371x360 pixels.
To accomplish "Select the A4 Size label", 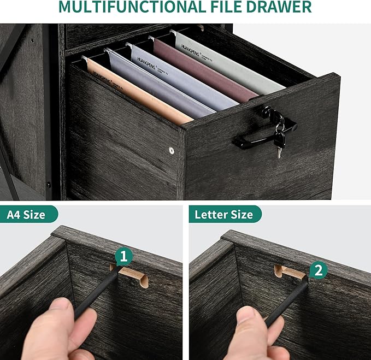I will tap(26, 215).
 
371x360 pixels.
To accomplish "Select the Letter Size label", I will tap(225, 215).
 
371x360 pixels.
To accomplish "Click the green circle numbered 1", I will tap(123, 256).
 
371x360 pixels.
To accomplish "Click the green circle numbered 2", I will tap(319, 269).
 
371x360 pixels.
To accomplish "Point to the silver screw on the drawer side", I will tap(172, 150).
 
